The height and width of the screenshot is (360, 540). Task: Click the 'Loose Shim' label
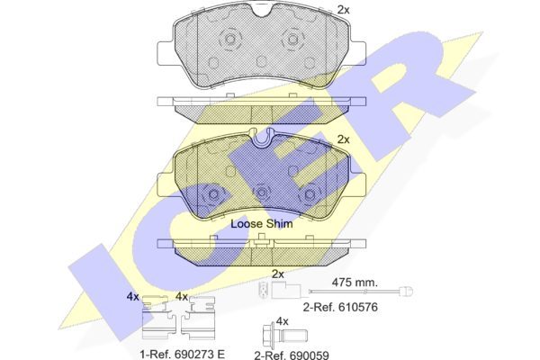click(x=261, y=224)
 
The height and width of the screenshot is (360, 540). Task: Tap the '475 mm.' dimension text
click(x=355, y=283)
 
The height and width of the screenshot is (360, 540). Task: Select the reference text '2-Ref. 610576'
click(x=340, y=307)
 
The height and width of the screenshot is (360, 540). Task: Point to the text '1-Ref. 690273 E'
click(x=183, y=354)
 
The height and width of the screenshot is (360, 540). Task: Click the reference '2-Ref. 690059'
click(x=292, y=355)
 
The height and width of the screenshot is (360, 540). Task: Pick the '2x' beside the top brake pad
click(x=344, y=10)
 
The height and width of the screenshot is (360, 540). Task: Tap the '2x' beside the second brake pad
click(x=344, y=139)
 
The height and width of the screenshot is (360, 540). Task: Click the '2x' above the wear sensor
click(x=278, y=274)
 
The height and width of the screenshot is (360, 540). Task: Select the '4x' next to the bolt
click(x=282, y=321)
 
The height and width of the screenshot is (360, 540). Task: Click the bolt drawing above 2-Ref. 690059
click(x=284, y=335)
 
